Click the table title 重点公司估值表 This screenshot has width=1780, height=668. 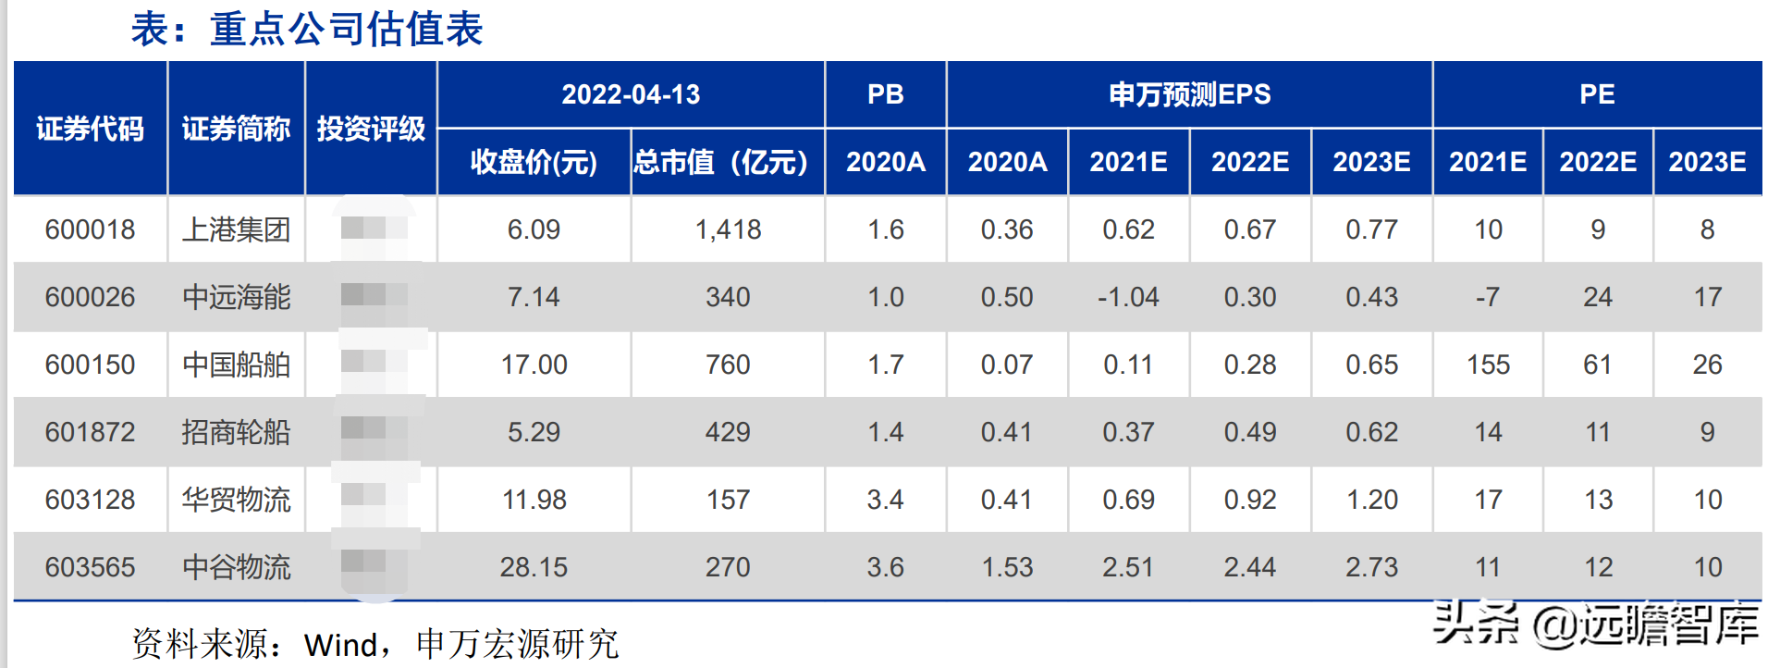click(307, 30)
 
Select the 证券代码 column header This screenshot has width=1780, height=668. click(90, 129)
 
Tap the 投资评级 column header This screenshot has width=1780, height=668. click(371, 129)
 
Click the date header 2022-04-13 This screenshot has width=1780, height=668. click(631, 94)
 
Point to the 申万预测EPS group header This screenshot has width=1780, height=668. click(1189, 94)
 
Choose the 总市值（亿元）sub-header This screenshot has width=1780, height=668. click(728, 163)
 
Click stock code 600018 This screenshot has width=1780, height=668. click(90, 229)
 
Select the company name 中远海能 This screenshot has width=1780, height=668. click(236, 297)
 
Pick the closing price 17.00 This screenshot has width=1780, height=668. click(534, 365)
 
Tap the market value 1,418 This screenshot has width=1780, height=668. click(728, 229)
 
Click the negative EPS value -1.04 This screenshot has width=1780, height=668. click(1127, 297)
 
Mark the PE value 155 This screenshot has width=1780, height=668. click(1487, 365)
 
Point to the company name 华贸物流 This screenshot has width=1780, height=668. click(236, 500)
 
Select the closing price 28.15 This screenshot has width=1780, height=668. click(534, 567)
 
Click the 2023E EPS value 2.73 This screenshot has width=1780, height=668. click(1370, 567)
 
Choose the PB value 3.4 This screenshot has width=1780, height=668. click(885, 500)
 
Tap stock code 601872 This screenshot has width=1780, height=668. click(90, 432)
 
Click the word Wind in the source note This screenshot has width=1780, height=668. click(340, 645)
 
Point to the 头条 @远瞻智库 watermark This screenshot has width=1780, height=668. click(1595, 625)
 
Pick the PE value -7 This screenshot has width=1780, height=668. click(1487, 297)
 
